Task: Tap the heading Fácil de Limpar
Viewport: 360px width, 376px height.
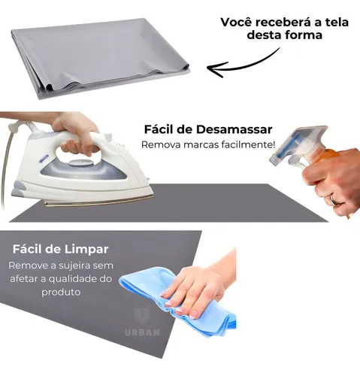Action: [61, 249]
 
